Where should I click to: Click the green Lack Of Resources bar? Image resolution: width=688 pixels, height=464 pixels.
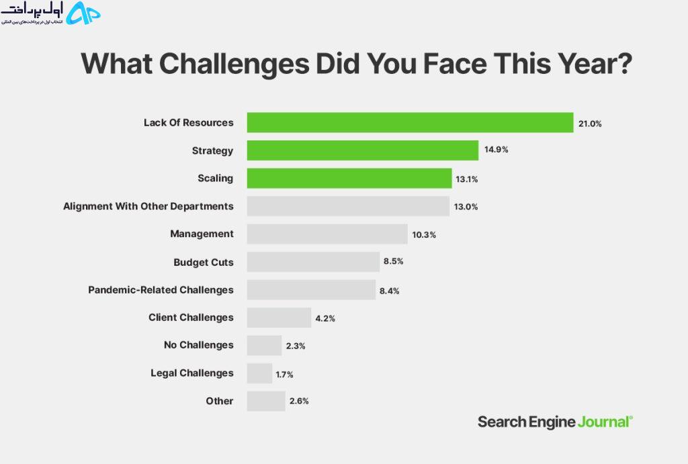click(x=410, y=122)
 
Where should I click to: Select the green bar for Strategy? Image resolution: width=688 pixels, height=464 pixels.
click(x=362, y=150)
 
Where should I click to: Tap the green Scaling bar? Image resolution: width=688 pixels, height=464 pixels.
click(x=349, y=178)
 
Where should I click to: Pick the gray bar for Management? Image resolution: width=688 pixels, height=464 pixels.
click(x=327, y=234)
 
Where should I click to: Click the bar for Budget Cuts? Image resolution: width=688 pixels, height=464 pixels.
click(x=313, y=262)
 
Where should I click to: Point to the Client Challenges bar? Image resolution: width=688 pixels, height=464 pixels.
click(x=279, y=318)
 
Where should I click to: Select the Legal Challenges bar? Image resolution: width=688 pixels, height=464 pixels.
click(x=259, y=373)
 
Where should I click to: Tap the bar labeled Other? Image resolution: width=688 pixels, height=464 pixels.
click(x=266, y=401)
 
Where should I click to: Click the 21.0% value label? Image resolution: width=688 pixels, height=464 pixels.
click(x=590, y=124)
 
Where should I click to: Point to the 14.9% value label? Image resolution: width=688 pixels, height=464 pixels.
click(x=497, y=150)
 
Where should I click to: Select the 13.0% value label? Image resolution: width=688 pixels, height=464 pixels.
click(x=466, y=207)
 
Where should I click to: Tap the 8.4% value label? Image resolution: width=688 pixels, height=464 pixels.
click(x=389, y=291)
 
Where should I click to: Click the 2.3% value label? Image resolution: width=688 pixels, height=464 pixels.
click(x=296, y=346)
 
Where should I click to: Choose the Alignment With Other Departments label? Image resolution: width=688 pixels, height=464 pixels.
click(x=148, y=206)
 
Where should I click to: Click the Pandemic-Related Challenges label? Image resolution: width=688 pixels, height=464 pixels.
click(x=161, y=290)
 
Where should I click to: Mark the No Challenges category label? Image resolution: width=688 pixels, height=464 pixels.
click(x=199, y=345)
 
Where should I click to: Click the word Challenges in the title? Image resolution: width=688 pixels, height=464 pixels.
click(x=234, y=64)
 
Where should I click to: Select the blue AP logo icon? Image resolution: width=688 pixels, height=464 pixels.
click(x=83, y=13)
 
